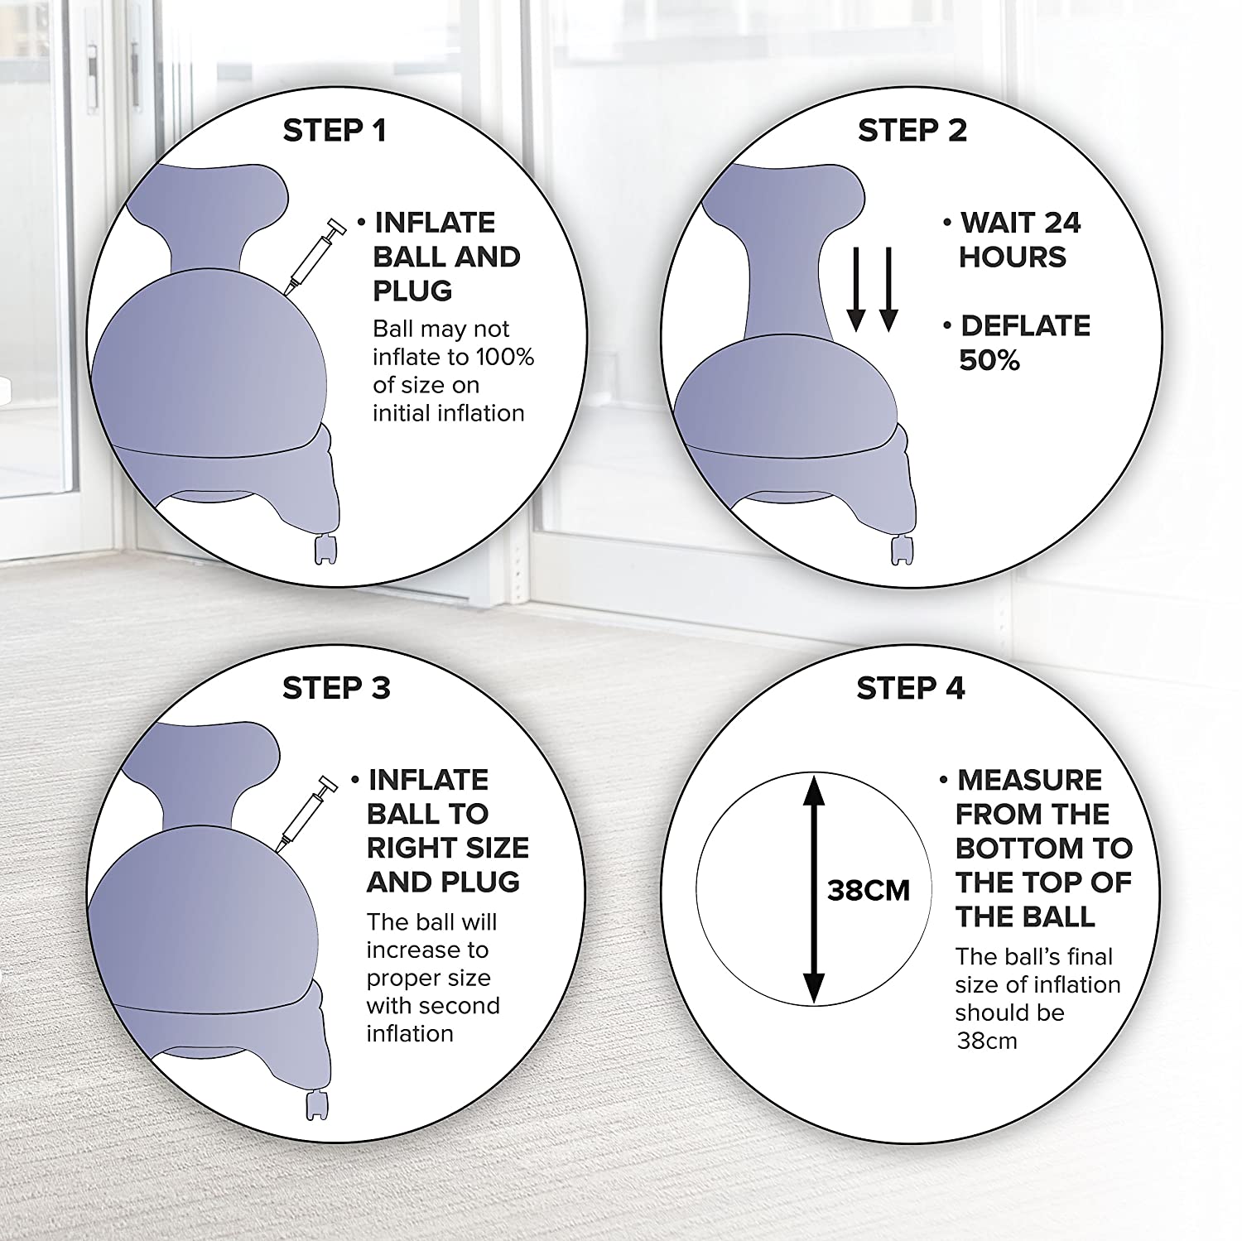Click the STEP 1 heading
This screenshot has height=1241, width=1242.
pyautogui.click(x=335, y=131)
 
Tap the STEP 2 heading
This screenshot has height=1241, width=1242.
pyautogui.click(x=912, y=131)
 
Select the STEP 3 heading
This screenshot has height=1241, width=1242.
pyautogui.click(x=335, y=688)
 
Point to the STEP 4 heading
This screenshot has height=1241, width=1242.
pyautogui.click(x=911, y=688)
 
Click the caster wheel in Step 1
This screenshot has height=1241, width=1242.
pyautogui.click(x=327, y=550)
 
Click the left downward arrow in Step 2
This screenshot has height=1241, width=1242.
pyautogui.click(x=856, y=289)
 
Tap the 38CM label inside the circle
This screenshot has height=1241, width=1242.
pyautogui.click(x=869, y=891)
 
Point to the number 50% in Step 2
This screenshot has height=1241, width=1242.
pyautogui.click(x=989, y=361)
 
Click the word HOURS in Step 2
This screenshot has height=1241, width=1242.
pyautogui.click(x=1013, y=257)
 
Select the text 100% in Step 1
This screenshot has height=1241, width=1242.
pyautogui.click(x=504, y=358)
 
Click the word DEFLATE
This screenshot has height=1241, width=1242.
pyautogui.click(x=1025, y=326)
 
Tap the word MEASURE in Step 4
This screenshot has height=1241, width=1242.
pyautogui.click(x=1030, y=781)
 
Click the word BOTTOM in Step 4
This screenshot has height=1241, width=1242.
pyautogui.click(x=1019, y=849)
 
